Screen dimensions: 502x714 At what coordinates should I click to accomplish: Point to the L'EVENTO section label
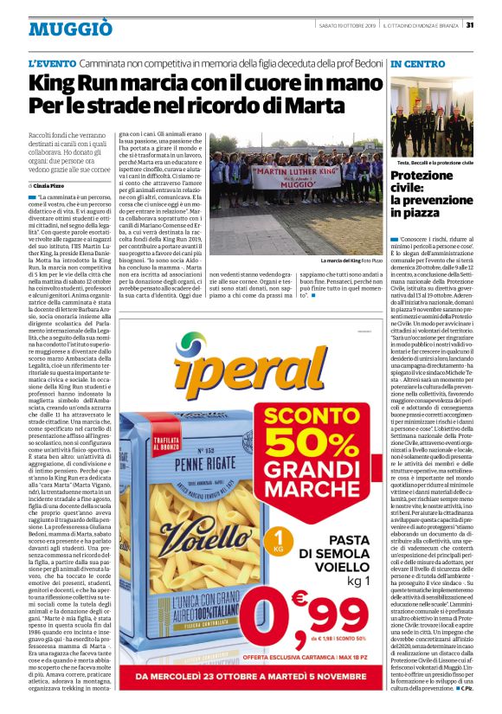pyautogui.click(x=51, y=65)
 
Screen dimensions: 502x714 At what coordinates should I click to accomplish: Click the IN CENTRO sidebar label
pyautogui.click(x=418, y=65)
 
